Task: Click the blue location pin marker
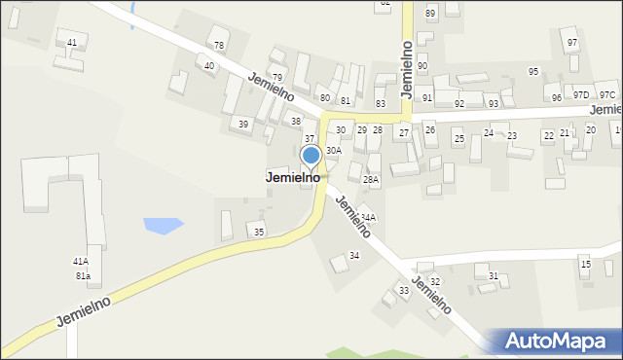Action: point(311,157)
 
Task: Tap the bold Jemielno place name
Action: point(293,178)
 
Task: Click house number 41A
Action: point(81,262)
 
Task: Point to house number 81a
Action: point(83,276)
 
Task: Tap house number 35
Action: point(258,232)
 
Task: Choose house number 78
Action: point(219,46)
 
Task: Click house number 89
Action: point(430,13)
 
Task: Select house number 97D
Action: point(581,94)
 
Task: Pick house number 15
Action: point(585,265)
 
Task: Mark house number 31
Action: point(494,276)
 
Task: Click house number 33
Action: point(404,291)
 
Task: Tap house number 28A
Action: point(371,180)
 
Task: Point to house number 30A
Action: point(334,151)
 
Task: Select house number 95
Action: point(533,72)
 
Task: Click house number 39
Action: point(243,125)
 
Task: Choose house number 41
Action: point(72,43)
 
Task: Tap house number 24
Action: point(489,132)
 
